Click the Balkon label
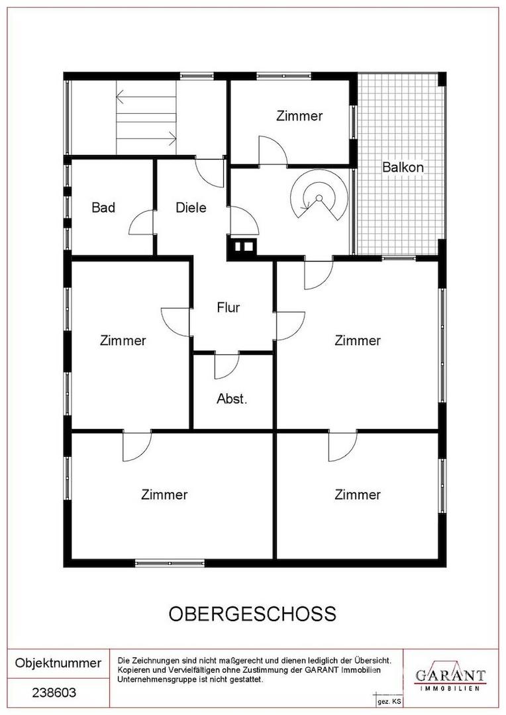[x=403, y=167]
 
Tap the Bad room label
[x=103, y=207]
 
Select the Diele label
[x=191, y=207]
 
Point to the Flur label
[x=228, y=307]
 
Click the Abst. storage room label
[x=232, y=399]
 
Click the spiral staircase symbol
[x=319, y=197]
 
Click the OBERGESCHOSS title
[x=252, y=614]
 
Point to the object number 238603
[x=54, y=693]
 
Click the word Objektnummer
[x=58, y=663]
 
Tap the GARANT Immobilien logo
[x=450, y=679]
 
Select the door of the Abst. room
[x=227, y=366]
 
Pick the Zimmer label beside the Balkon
[x=299, y=116]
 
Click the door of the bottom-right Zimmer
[x=342, y=447]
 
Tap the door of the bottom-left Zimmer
[x=136, y=447]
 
